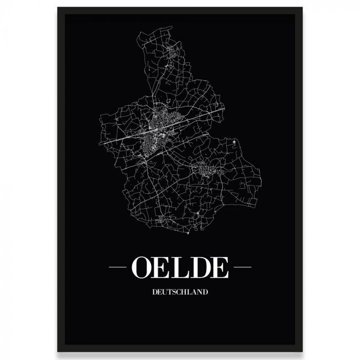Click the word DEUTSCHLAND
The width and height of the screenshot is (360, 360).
pyautogui.click(x=180, y=292)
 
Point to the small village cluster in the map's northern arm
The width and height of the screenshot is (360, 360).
pyautogui.click(x=171, y=51)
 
